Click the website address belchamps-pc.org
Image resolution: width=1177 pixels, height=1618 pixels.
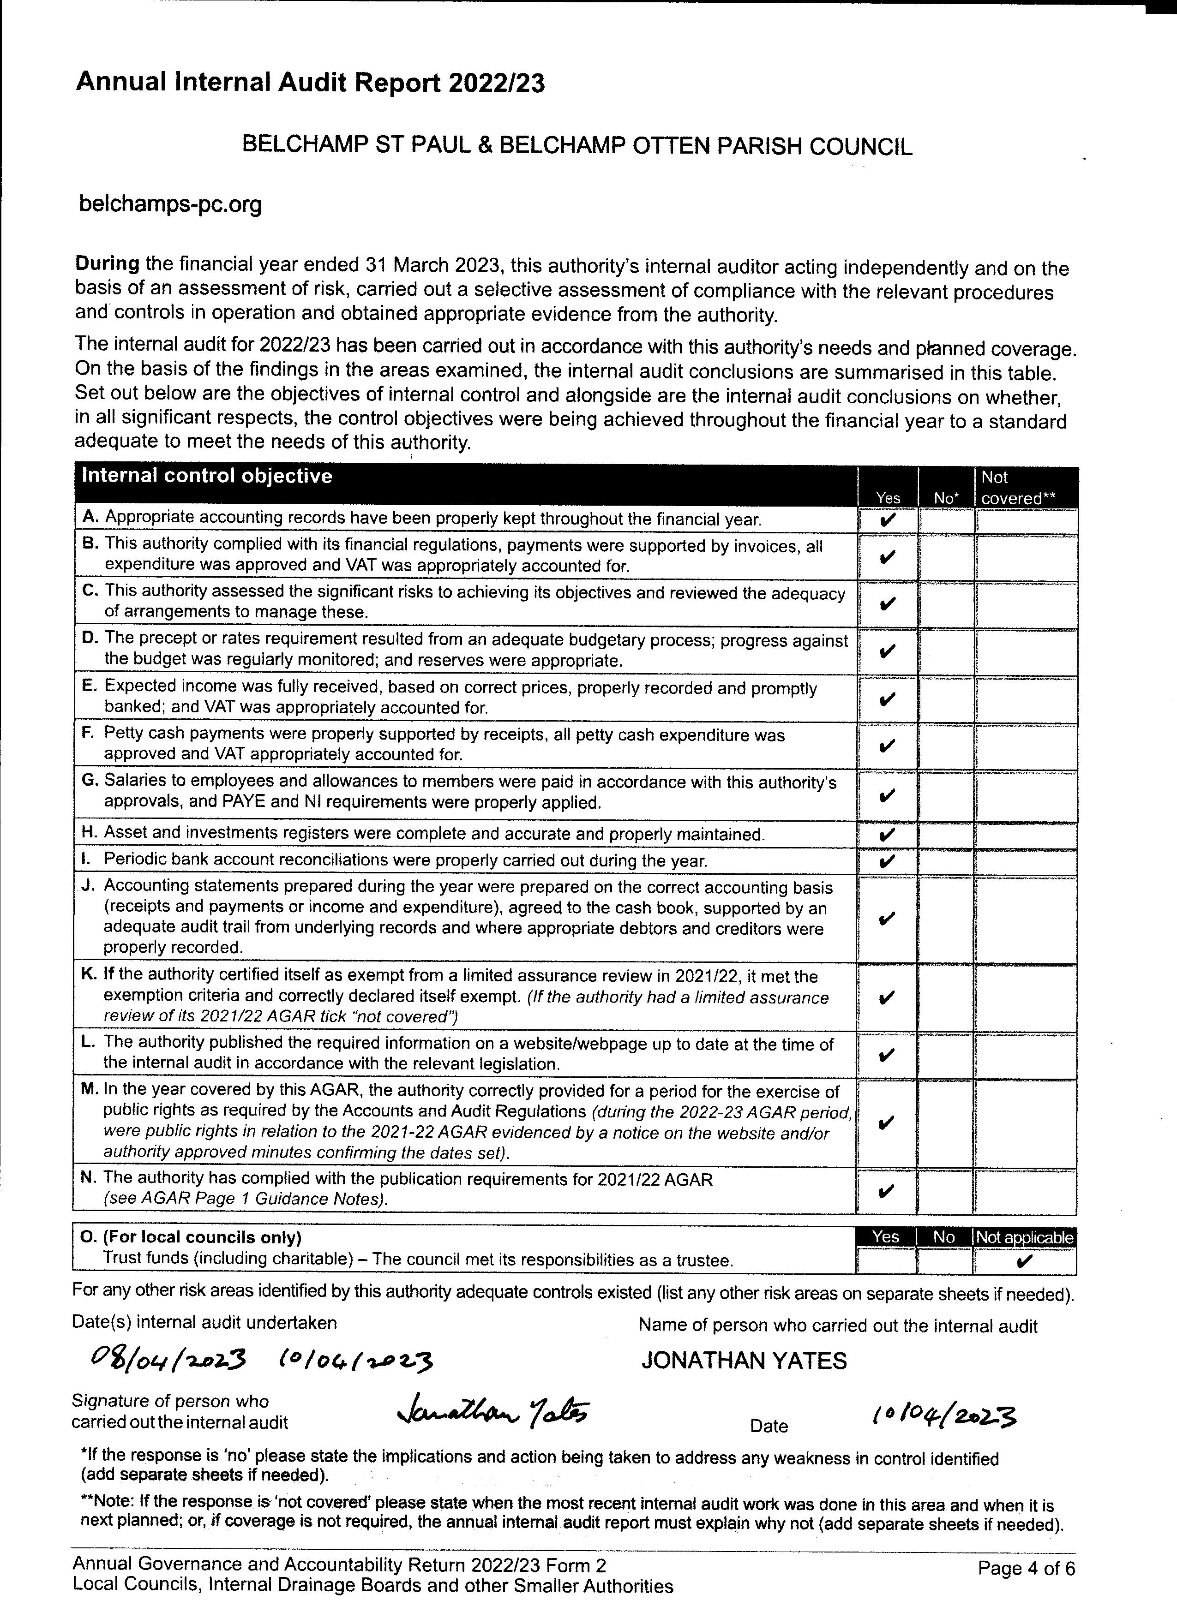click(170, 205)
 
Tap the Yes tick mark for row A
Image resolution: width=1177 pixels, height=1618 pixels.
click(887, 520)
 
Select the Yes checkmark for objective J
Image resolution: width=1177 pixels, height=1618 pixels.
click(887, 918)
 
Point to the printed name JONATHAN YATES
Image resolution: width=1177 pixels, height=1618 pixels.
click(744, 1361)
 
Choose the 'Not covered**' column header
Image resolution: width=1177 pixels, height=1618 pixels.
click(1017, 488)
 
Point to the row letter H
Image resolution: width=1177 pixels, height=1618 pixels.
click(89, 833)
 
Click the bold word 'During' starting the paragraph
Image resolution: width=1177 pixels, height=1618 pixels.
click(107, 263)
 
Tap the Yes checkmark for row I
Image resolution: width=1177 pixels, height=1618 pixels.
click(887, 861)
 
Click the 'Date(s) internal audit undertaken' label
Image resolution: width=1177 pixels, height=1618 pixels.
click(204, 1322)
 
